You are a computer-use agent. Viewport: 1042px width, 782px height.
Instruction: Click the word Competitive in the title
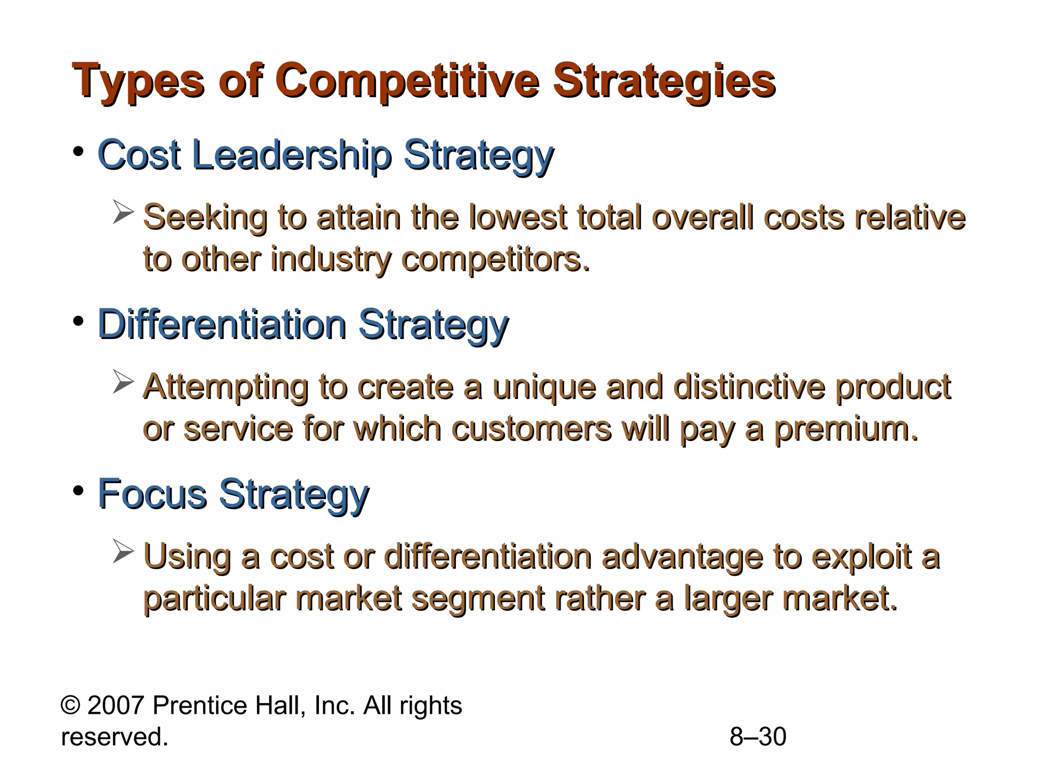(x=407, y=81)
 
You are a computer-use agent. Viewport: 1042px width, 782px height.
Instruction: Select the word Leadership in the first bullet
(x=292, y=155)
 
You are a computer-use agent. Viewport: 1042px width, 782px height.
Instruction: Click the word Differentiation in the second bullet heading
(x=222, y=324)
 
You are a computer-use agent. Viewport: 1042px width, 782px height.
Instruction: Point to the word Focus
(x=152, y=493)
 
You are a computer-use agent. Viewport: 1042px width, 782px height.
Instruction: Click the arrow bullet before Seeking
(x=123, y=213)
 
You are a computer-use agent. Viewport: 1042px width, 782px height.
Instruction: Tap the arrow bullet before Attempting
(x=123, y=382)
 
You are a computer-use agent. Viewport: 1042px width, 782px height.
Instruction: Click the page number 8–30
(x=758, y=737)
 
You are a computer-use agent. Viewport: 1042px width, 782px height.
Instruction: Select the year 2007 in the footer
(x=117, y=706)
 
